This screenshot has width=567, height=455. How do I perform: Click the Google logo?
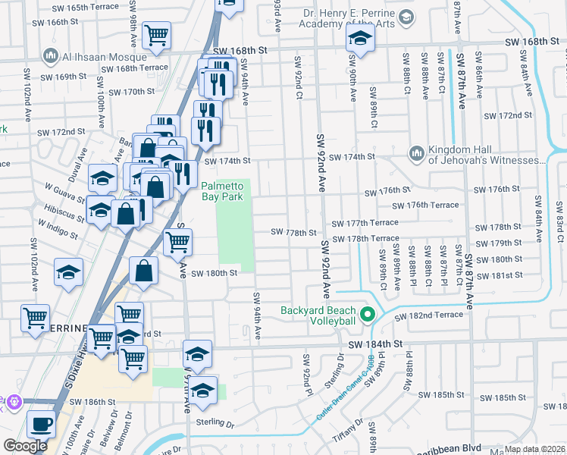(x=25, y=446)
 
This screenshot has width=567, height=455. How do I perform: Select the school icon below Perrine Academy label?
(x=361, y=37)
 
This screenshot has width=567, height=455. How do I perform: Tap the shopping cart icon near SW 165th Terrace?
(x=156, y=34)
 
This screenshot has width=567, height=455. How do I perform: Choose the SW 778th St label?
(x=294, y=232)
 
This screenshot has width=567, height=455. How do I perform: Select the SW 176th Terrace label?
(x=425, y=205)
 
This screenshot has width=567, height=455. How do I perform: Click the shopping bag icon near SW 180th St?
(x=144, y=270)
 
